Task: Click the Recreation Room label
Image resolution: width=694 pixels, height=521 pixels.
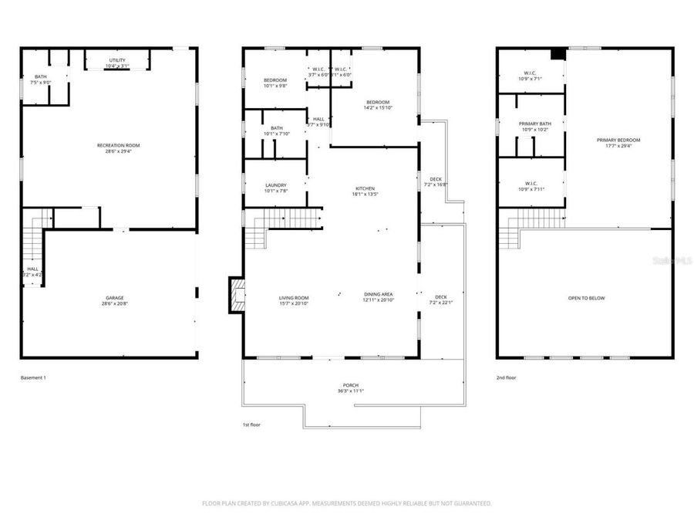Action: click(x=118, y=145)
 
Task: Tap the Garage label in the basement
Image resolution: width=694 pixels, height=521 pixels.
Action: click(x=114, y=298)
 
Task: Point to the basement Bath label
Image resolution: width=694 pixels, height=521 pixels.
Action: click(x=40, y=76)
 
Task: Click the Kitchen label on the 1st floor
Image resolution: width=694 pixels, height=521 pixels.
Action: click(x=365, y=189)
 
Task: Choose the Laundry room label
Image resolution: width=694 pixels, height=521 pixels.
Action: click(x=275, y=185)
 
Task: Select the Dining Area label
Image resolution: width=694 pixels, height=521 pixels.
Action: click(x=378, y=295)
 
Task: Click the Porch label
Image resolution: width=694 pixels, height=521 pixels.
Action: click(x=351, y=385)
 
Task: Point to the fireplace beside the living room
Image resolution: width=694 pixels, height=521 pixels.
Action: click(x=235, y=296)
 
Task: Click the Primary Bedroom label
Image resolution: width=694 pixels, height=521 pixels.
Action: click(x=618, y=140)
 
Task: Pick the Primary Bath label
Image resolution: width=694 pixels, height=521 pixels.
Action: click(x=534, y=124)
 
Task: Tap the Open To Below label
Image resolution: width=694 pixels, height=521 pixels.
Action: click(x=586, y=298)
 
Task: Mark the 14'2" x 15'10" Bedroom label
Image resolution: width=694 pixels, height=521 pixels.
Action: click(x=377, y=103)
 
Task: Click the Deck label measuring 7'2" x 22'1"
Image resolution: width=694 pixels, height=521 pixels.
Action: click(x=440, y=298)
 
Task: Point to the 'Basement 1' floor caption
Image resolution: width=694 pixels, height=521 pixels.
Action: click(x=33, y=378)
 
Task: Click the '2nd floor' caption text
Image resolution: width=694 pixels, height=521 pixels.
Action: click(x=507, y=378)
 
